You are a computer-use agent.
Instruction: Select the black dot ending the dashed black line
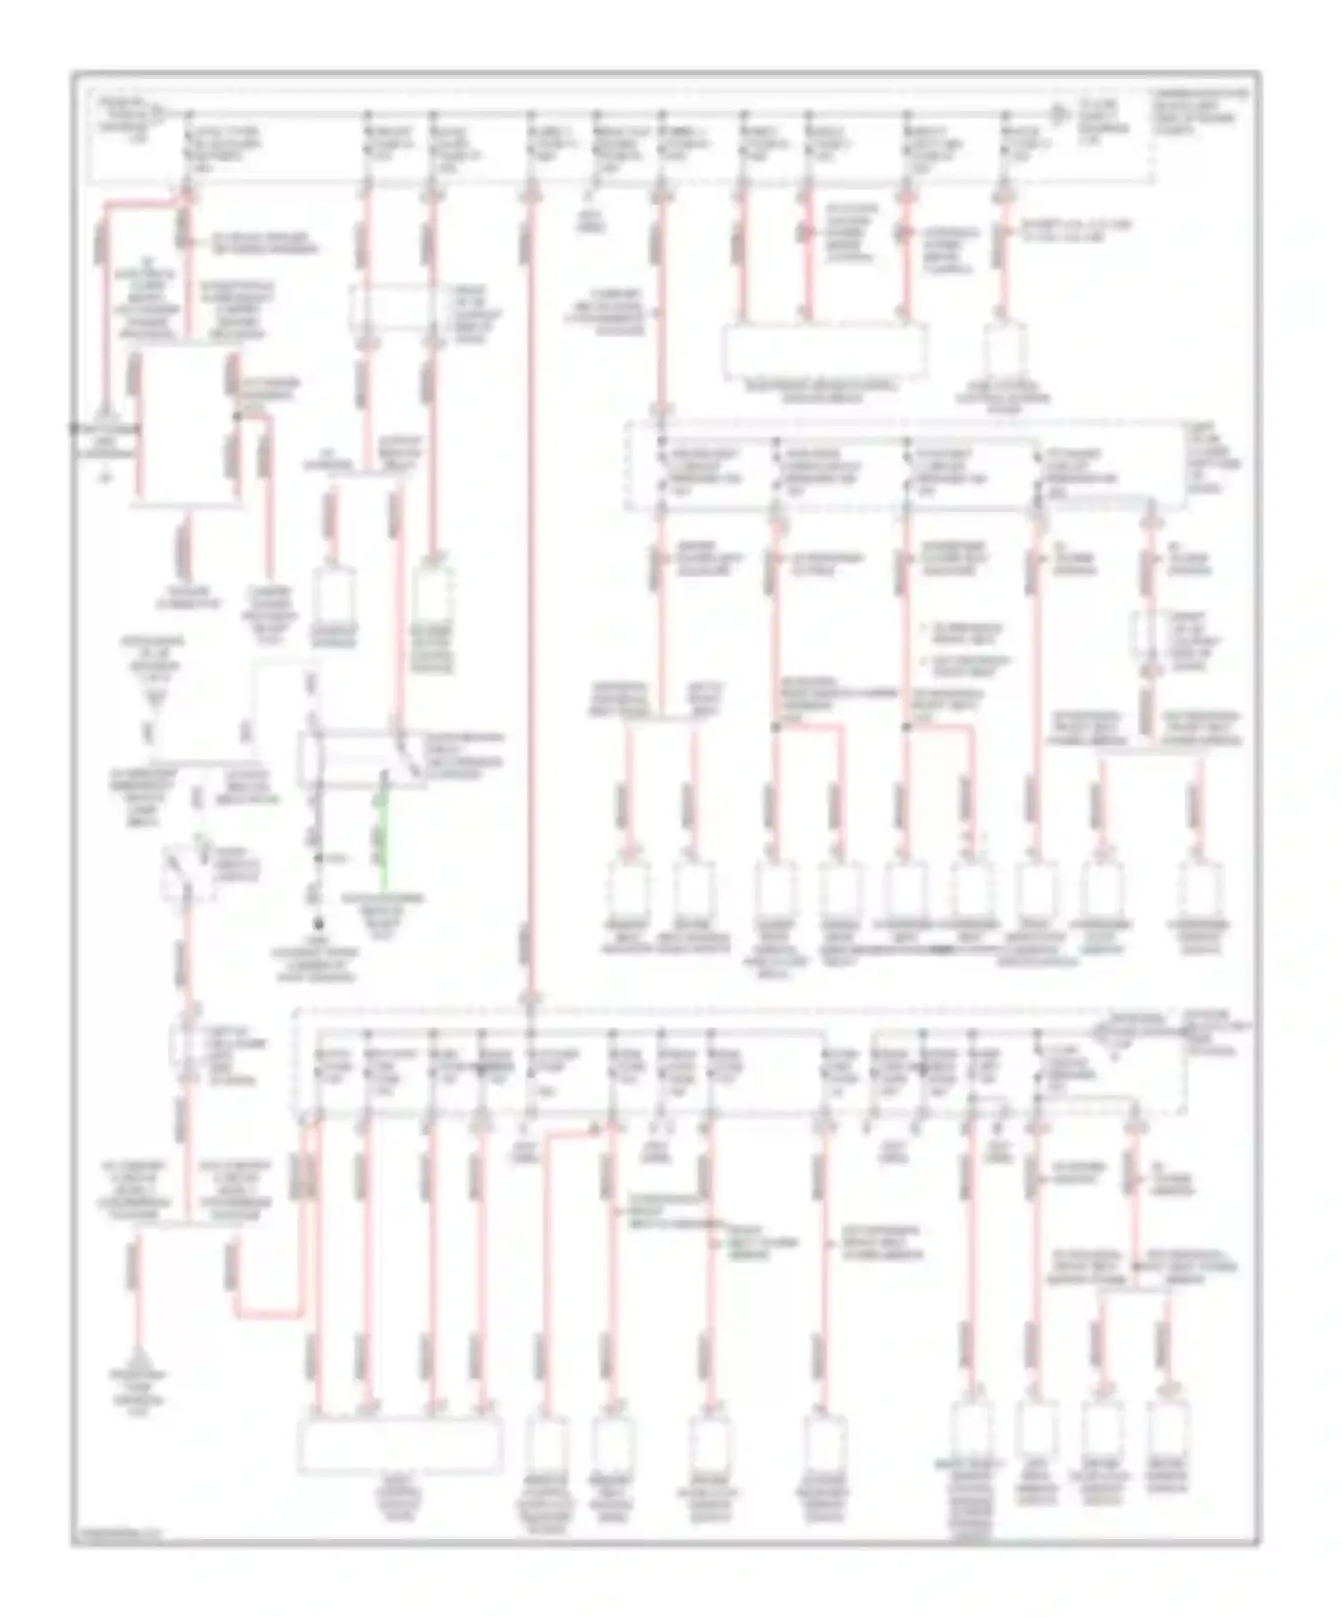click(317, 923)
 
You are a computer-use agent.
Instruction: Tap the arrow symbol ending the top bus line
click(1058, 115)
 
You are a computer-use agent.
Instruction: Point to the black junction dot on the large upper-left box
click(237, 416)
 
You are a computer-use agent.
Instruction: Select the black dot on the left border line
click(73, 428)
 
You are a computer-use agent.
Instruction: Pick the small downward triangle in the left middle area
click(154, 696)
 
